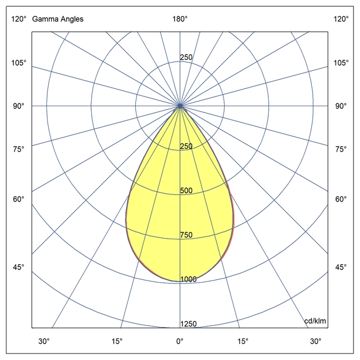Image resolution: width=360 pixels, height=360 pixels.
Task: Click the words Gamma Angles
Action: [x=57, y=19]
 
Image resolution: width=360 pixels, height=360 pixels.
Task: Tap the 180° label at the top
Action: [x=180, y=19]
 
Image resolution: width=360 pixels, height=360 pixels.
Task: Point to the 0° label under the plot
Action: [x=180, y=341]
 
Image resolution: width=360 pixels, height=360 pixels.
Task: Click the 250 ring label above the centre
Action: [x=186, y=57]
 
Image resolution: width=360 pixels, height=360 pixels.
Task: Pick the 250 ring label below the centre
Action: [x=186, y=146]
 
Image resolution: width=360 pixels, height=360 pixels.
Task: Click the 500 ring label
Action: [x=186, y=191]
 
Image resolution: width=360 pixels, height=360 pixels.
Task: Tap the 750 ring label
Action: [x=186, y=235]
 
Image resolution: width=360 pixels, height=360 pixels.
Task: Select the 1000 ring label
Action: [x=188, y=279]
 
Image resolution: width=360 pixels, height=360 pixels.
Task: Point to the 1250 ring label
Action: [x=188, y=324]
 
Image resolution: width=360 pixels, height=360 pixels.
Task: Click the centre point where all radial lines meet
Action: [x=180, y=106]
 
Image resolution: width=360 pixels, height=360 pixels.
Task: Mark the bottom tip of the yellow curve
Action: [x=180, y=281]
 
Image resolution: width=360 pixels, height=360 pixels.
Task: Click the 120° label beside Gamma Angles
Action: [x=19, y=19]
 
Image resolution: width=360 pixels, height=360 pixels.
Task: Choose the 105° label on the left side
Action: [x=19, y=63]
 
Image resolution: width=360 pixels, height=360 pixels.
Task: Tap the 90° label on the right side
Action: [x=341, y=106]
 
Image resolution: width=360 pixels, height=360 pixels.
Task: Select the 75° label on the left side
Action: [x=19, y=149]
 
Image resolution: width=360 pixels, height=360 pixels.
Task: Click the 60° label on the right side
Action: [x=341, y=200]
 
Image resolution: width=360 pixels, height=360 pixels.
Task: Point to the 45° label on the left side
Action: [x=19, y=267]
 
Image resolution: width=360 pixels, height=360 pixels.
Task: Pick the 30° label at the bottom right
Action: [x=315, y=341]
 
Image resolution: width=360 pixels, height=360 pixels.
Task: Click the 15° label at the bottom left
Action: [x=118, y=341]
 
